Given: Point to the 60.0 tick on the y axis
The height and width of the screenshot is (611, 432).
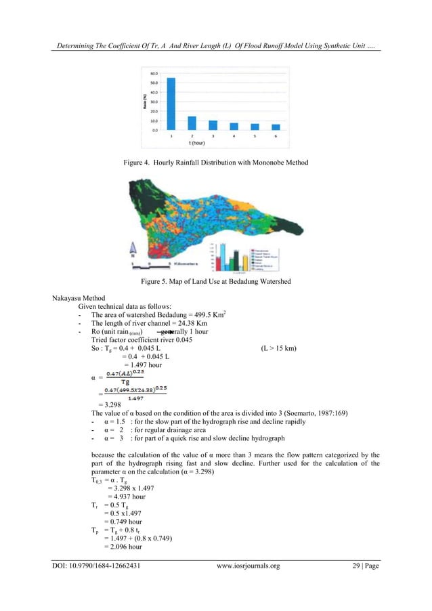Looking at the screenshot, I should (155, 73).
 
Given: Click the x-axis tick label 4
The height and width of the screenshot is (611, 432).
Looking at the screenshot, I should (234, 136).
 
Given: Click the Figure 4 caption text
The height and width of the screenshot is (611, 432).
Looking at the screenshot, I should (215, 163).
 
